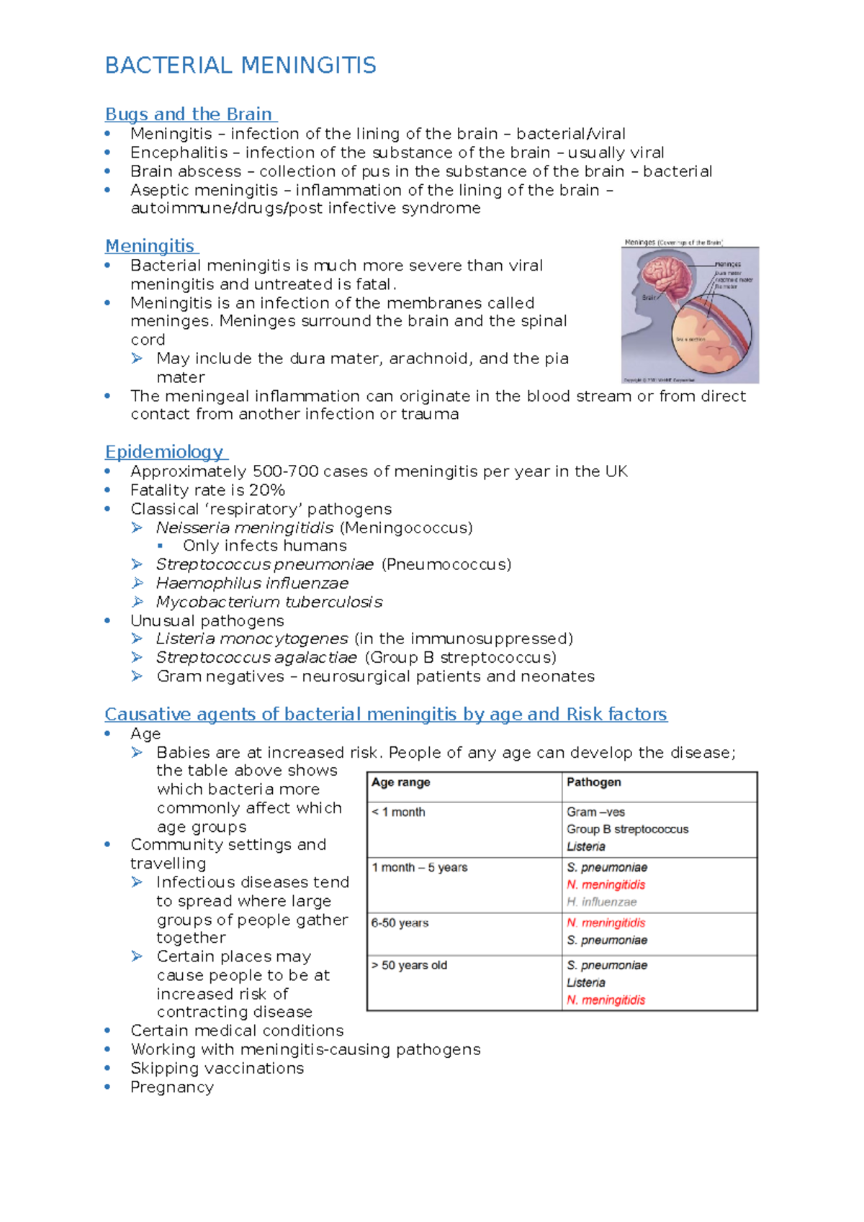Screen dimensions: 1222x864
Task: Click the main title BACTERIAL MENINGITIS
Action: coord(240,65)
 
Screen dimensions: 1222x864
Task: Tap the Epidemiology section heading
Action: coord(164,452)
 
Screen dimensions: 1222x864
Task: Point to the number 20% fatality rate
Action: coord(267,490)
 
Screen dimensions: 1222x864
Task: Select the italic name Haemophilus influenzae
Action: coord(252,583)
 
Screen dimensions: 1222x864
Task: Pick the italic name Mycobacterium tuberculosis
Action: coord(269,602)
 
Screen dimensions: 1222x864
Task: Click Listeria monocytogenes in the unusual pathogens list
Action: coord(252,639)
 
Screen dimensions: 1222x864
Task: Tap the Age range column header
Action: coord(401,782)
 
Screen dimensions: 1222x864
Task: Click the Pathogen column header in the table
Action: coord(593,782)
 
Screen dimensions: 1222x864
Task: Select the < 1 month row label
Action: coord(398,812)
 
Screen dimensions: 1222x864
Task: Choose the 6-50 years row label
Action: coord(400,923)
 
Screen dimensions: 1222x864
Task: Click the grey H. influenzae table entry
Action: coord(601,902)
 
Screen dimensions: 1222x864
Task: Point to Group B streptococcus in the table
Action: coord(627,829)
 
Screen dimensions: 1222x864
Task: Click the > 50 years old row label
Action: coord(409,965)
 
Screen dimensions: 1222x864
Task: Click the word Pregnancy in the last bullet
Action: coord(172,1087)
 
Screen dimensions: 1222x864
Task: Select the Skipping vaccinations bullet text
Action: coord(217,1068)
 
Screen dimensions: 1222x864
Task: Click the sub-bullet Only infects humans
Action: coord(264,546)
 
